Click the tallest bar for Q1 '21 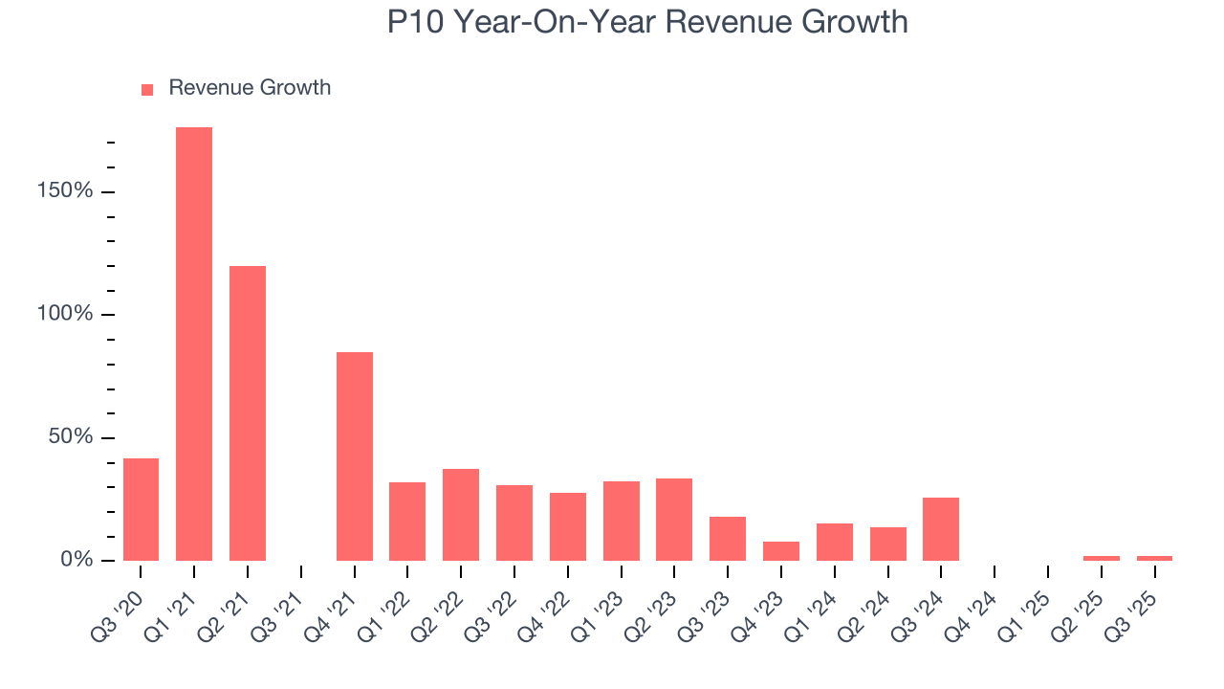click(x=194, y=344)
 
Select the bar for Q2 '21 click(x=248, y=412)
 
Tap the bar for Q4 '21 click(x=355, y=456)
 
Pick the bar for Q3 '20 click(x=141, y=509)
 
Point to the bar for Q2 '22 click(x=461, y=514)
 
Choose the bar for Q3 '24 click(x=941, y=528)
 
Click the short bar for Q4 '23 click(x=781, y=550)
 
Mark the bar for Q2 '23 click(x=674, y=519)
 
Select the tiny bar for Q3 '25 click(x=1154, y=558)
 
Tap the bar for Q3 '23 click(x=728, y=538)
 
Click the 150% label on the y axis click(x=66, y=191)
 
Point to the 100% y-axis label click(x=66, y=315)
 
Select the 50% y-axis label click(x=71, y=437)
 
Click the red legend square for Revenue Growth click(x=147, y=90)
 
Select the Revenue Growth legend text click(x=250, y=88)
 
